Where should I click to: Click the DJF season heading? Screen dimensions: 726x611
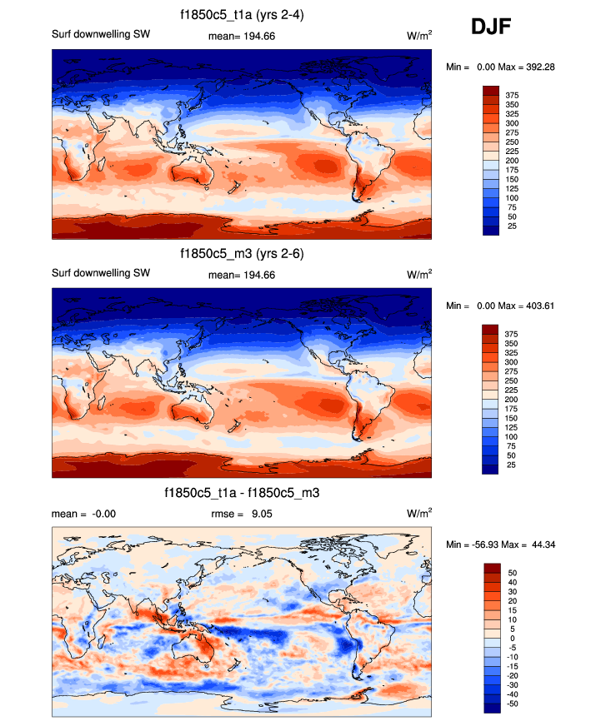(x=491, y=27)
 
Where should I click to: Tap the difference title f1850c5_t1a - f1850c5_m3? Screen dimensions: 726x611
(x=242, y=494)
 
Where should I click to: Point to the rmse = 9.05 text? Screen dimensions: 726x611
(x=249, y=514)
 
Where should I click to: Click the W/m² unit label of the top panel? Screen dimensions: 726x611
(x=419, y=36)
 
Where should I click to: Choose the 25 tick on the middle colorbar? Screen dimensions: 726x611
(x=509, y=465)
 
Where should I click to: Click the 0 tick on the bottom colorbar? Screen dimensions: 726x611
(x=512, y=638)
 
